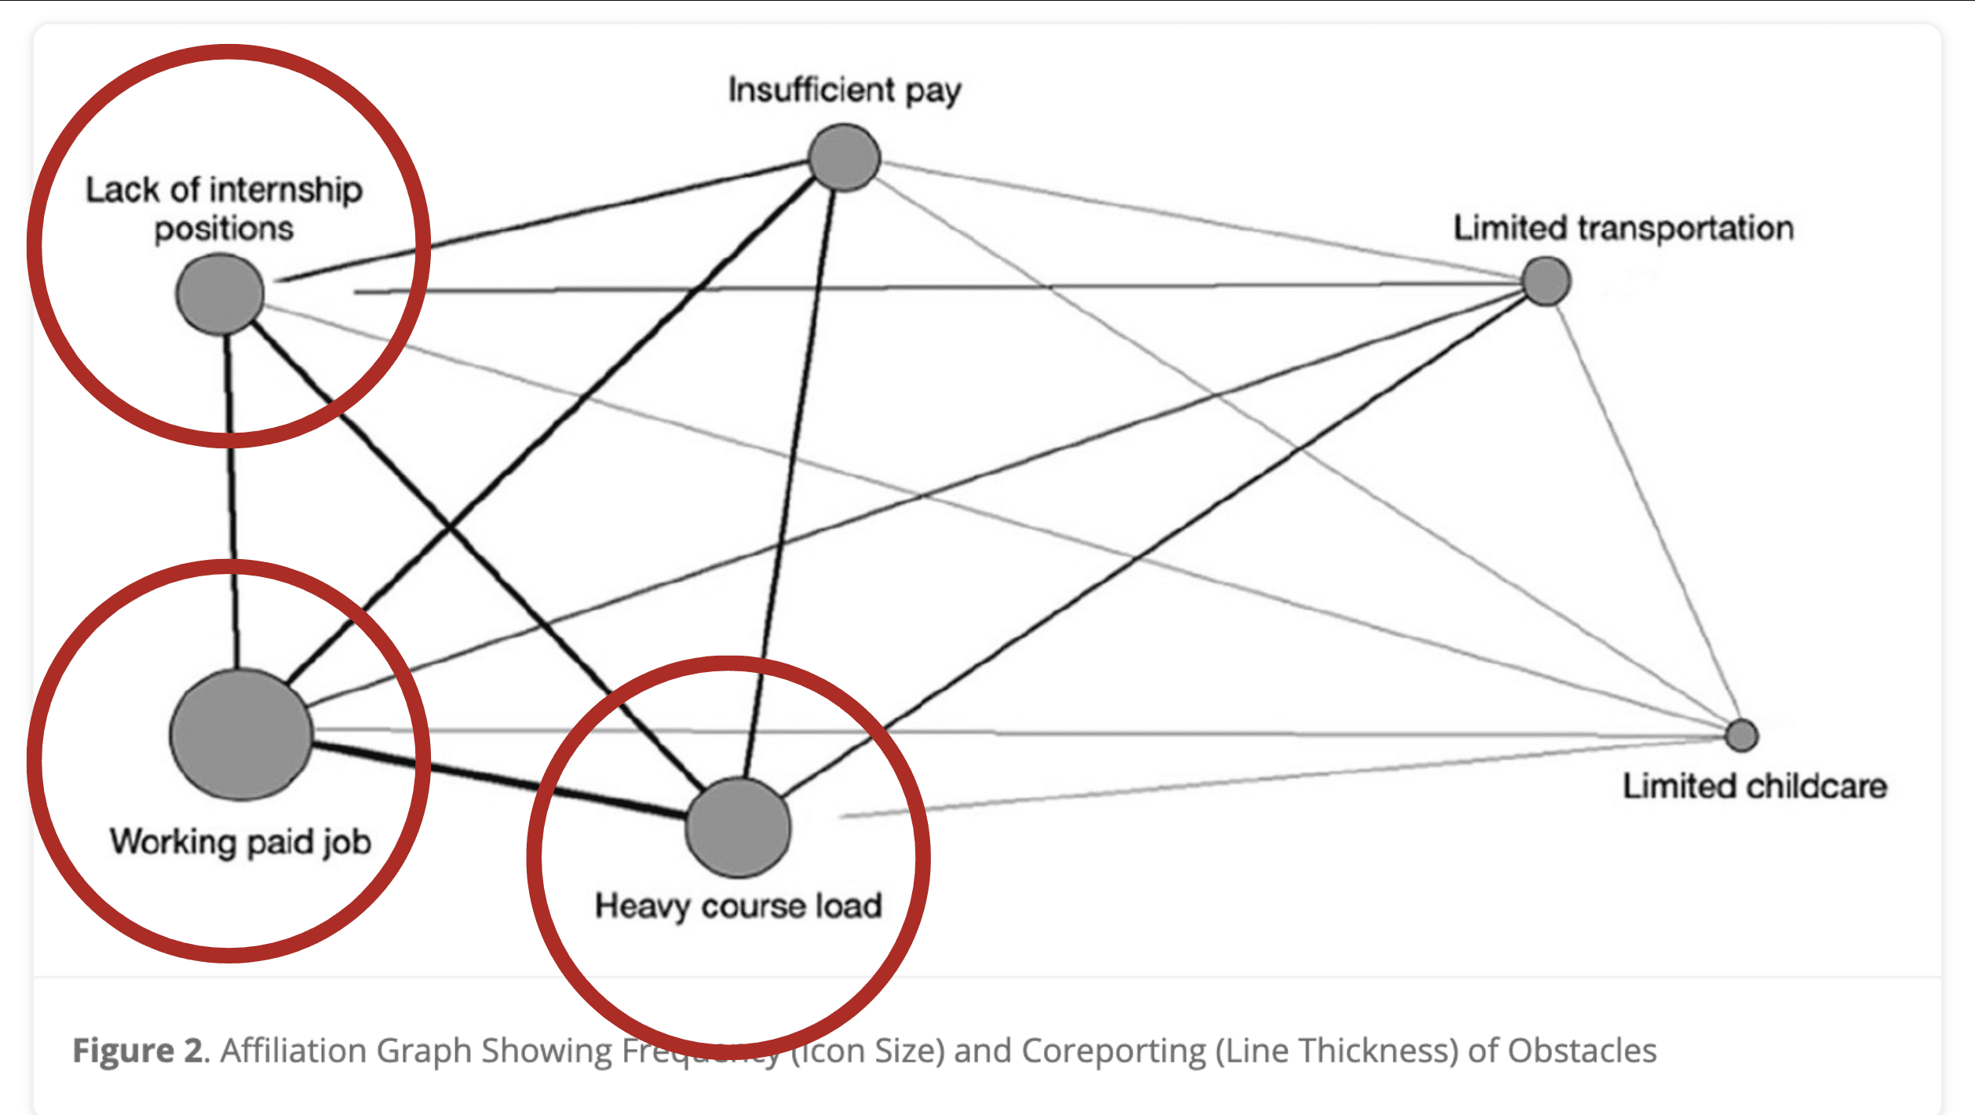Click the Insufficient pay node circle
[844, 157]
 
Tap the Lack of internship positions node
[220, 294]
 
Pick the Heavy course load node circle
[738, 828]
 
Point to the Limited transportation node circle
[1546, 281]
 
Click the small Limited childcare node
[1742, 736]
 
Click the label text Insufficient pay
[844, 90]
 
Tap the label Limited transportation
[1623, 228]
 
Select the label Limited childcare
[1754, 786]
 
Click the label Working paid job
[240, 842]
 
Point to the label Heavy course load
[738, 905]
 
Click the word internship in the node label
[286, 190]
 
